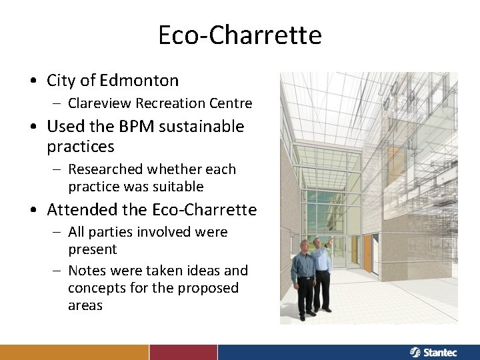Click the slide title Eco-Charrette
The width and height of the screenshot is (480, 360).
tap(239, 35)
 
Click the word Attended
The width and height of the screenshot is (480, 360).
tap(77, 210)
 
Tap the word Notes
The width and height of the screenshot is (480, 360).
tap(87, 271)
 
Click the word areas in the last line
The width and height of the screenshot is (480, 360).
tap(85, 305)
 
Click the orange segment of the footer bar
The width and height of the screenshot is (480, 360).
tap(74, 352)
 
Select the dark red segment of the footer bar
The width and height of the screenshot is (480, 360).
tap(183, 352)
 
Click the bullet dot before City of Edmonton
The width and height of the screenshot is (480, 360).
tap(33, 81)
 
